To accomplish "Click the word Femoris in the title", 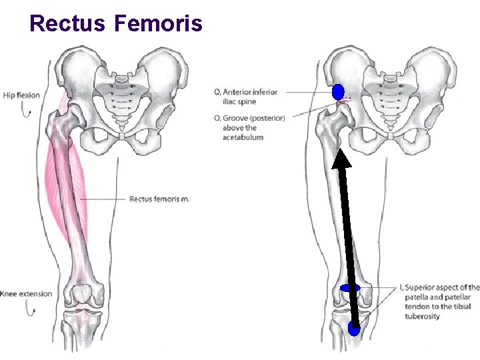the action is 158,23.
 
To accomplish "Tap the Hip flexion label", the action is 21,95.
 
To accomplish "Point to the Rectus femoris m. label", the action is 159,199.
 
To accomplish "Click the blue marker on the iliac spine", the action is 338,91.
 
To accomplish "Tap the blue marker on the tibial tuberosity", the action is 354,328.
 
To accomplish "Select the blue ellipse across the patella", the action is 350,288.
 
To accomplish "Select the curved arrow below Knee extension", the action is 29,308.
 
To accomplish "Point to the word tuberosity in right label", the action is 422,316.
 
